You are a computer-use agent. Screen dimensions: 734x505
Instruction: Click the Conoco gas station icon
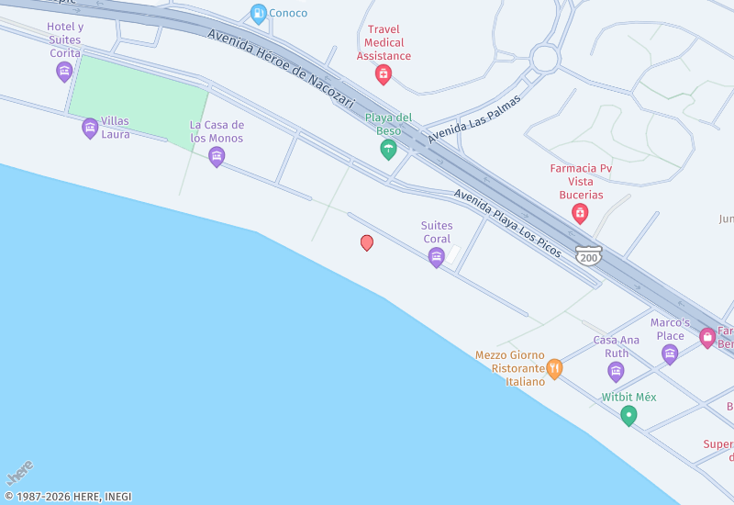click(258, 14)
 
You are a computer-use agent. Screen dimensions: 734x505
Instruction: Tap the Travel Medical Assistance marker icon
click(384, 74)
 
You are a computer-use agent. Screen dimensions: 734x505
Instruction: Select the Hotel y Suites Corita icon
click(64, 71)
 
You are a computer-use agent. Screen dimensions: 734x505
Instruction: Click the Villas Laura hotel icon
click(90, 128)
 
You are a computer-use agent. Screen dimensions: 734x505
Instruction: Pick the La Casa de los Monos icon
click(217, 157)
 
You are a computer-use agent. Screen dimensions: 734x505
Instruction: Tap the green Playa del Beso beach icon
click(388, 149)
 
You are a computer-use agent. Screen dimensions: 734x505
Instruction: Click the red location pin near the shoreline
click(367, 242)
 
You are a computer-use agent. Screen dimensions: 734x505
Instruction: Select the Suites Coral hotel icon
click(437, 258)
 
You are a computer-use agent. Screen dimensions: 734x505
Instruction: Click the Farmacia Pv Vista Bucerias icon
click(580, 214)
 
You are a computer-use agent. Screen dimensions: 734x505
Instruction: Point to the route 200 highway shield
click(588, 256)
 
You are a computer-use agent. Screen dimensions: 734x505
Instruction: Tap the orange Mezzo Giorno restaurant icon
click(554, 369)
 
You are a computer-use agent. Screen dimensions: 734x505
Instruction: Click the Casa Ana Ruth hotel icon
click(616, 371)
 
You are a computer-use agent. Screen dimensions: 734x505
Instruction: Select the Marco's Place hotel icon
click(670, 353)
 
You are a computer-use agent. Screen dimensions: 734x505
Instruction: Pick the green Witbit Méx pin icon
click(628, 416)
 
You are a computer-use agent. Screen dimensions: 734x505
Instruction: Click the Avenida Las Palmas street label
click(473, 118)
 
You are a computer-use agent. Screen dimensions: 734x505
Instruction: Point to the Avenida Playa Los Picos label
click(506, 222)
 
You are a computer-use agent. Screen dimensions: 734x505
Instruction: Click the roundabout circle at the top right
click(545, 59)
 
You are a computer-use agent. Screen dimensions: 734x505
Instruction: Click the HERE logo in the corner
click(20, 473)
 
